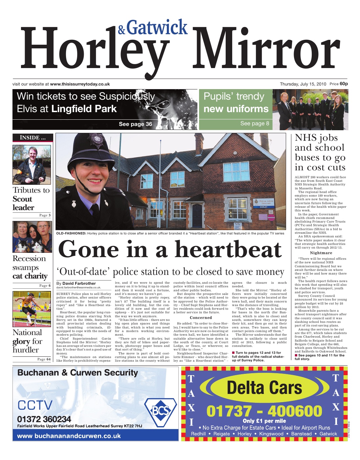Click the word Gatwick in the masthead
click(x=157, y=28)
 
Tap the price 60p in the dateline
click(x=344, y=84)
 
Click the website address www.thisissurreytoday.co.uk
click(x=80, y=84)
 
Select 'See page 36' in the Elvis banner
click(x=135, y=124)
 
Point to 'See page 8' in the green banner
click(x=255, y=123)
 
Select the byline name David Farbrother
click(x=79, y=283)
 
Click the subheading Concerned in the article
click(x=201, y=318)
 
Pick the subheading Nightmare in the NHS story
click(x=321, y=253)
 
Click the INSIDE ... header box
click(x=33, y=138)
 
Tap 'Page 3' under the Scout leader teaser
click(x=45, y=215)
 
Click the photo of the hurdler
click(x=32, y=309)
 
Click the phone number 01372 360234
click(x=44, y=419)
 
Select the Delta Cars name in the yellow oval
click(x=264, y=388)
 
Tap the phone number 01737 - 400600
click(x=264, y=411)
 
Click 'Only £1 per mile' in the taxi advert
click(x=264, y=421)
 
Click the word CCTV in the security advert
click(x=35, y=405)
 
